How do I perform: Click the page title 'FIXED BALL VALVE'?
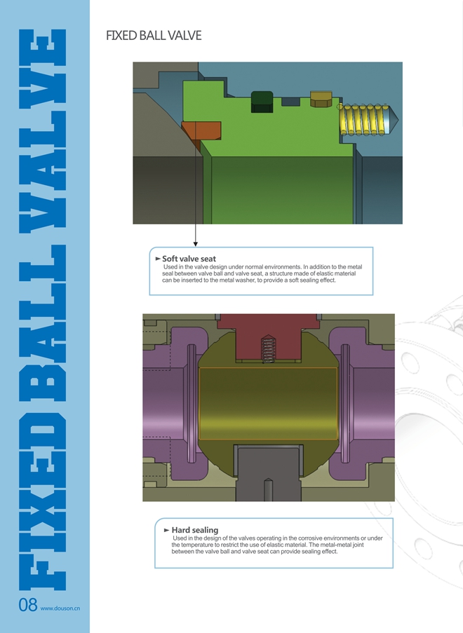154,36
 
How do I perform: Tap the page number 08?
28,605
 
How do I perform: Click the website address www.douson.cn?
60,608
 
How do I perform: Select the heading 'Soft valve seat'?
189,259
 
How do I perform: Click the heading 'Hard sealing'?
195,530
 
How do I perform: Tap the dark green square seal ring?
262,102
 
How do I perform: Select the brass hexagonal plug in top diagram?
321,100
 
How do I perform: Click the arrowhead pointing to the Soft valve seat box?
196,244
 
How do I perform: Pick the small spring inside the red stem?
268,349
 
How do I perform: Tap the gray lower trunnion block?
268,472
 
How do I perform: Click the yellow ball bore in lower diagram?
268,403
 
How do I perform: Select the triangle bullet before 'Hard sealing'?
166,530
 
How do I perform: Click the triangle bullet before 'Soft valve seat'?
158,259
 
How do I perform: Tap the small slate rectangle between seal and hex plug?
290,102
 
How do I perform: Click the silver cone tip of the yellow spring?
392,119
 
